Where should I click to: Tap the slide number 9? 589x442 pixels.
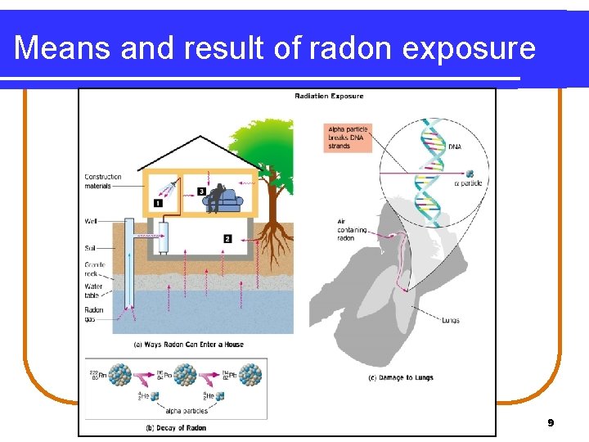tap(551, 422)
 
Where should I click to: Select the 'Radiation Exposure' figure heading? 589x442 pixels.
tap(329, 97)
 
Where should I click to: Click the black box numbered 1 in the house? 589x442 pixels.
tap(158, 202)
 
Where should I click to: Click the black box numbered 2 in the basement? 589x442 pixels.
tap(227, 239)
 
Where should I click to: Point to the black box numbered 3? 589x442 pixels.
tap(201, 192)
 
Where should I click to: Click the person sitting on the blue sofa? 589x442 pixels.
tap(216, 196)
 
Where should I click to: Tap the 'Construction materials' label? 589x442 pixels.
tap(102, 181)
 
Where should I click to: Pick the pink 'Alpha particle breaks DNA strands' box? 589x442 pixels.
tap(348, 137)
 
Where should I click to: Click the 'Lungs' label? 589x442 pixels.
tap(449, 320)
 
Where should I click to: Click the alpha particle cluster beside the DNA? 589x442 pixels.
tap(470, 174)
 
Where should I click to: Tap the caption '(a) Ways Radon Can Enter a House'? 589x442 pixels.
tap(189, 345)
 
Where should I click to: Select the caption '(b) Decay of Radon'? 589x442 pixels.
tap(175, 427)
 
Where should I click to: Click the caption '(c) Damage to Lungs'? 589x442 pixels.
tap(401, 377)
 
